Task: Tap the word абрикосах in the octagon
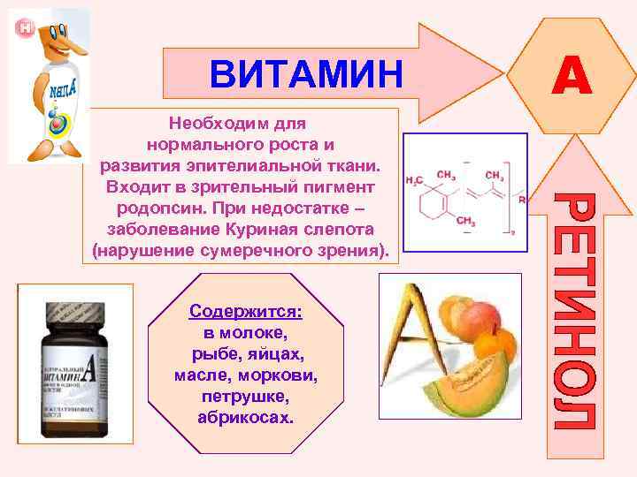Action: (246, 416)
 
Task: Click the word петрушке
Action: (244, 396)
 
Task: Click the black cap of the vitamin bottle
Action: (75, 316)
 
